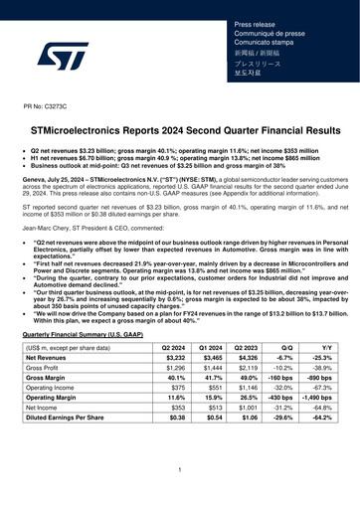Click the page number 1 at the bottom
pyautogui.click(x=179, y=468)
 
